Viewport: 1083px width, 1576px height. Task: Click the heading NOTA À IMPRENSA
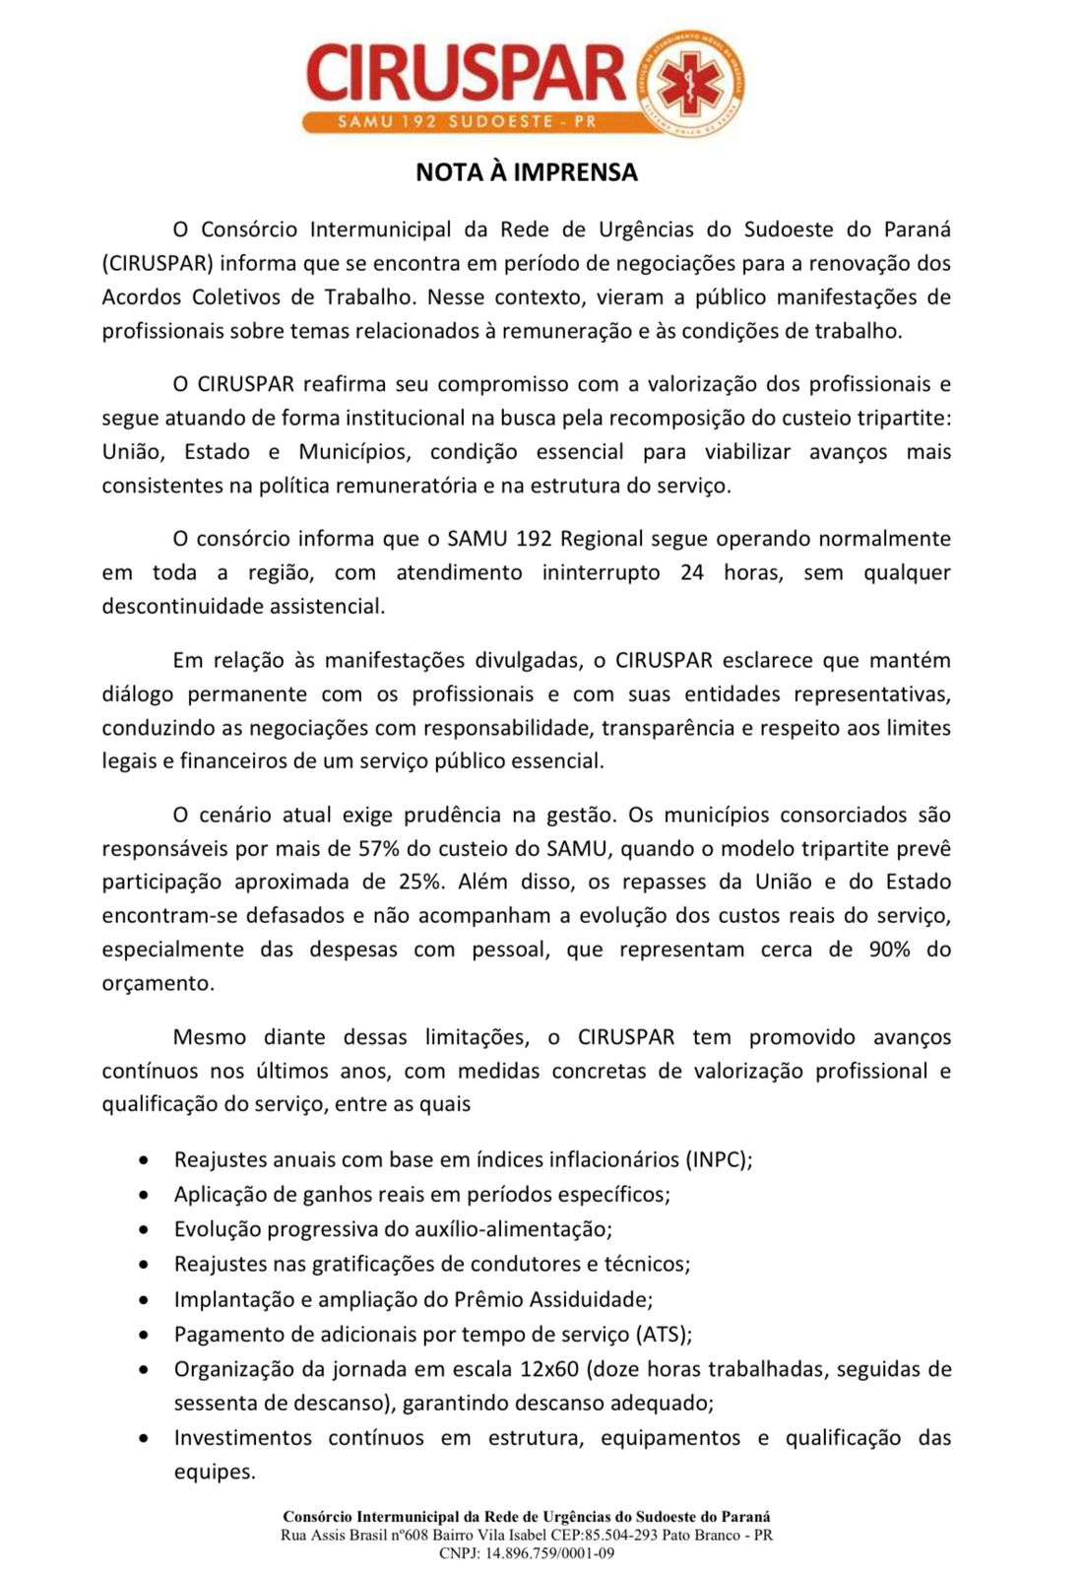click(x=527, y=172)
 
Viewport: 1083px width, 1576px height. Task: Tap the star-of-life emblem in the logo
click(x=688, y=83)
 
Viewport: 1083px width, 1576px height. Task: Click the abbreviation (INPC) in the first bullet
click(x=718, y=1159)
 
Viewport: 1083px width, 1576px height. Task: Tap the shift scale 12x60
click(x=552, y=1369)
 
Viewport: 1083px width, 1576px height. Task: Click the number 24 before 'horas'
click(x=692, y=572)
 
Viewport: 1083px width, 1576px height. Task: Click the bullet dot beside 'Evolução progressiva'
click(x=145, y=1230)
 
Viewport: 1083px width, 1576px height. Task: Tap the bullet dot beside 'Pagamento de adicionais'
click(x=145, y=1336)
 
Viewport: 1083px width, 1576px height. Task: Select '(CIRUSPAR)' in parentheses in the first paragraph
click(x=159, y=264)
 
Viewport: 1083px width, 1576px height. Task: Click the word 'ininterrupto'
click(x=601, y=572)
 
